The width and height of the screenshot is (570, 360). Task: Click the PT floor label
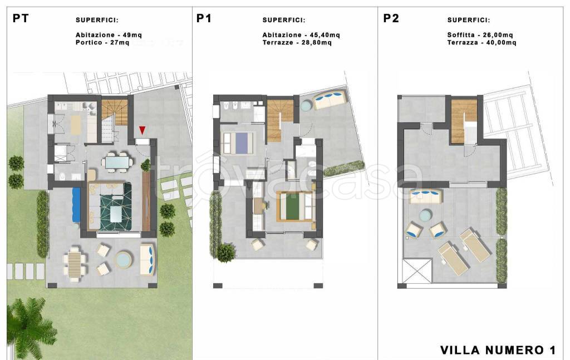[21, 18]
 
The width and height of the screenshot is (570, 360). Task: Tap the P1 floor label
[204, 18]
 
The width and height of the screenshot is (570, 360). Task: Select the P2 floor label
[391, 18]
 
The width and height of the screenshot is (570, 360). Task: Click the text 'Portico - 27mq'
[102, 42]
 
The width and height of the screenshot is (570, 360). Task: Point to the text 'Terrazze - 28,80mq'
[297, 42]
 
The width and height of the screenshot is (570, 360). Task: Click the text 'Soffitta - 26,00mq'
[480, 35]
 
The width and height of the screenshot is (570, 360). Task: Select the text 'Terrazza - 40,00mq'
[481, 42]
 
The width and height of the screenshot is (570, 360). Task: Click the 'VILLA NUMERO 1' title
[498, 350]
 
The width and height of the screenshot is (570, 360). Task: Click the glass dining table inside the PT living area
[116, 161]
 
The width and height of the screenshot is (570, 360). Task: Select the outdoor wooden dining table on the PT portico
[75, 264]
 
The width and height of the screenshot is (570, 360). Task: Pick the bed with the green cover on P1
[296, 206]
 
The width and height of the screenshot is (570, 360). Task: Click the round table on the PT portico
[124, 259]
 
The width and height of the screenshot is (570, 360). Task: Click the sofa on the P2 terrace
[426, 196]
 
